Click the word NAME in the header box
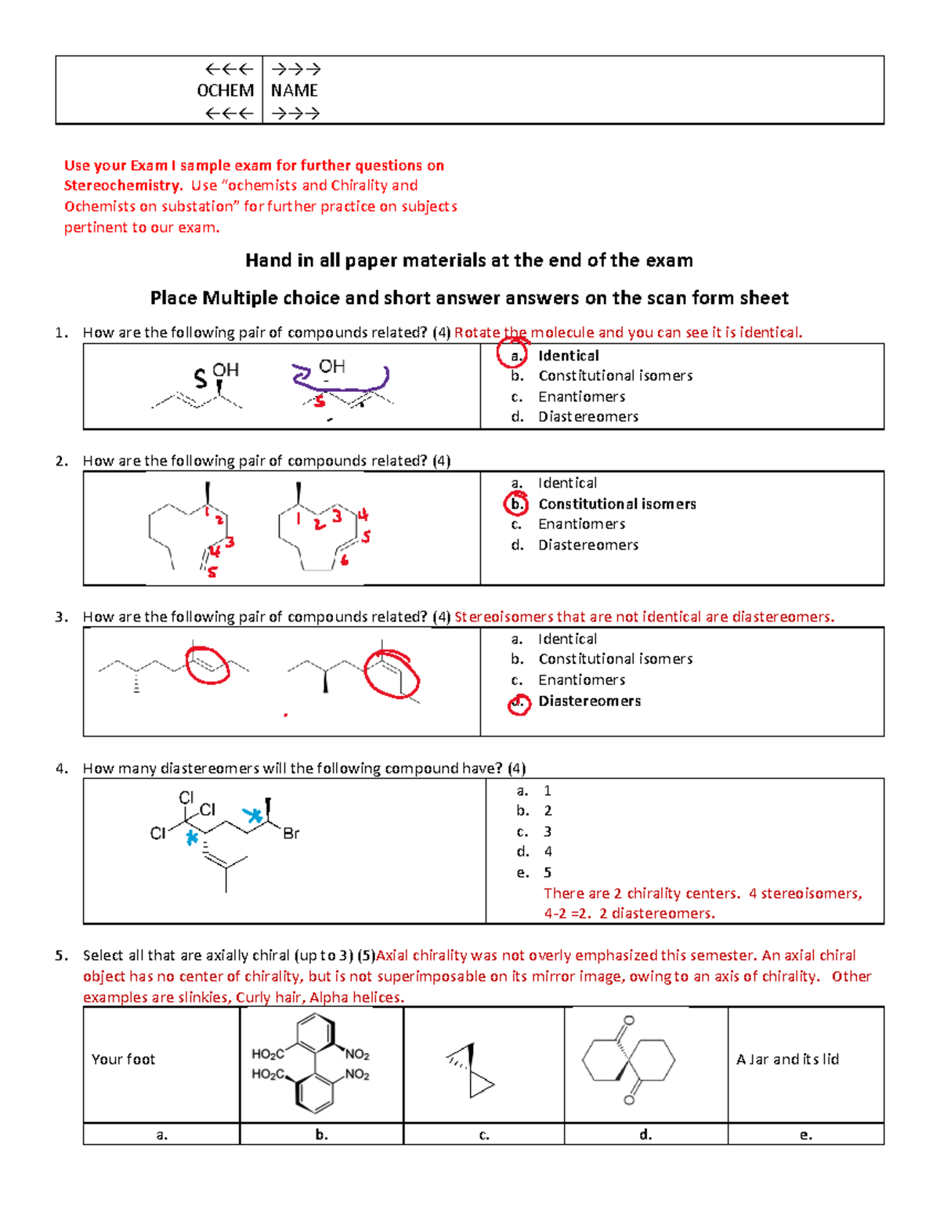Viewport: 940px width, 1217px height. point(294,91)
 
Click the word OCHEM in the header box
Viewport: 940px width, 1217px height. point(225,91)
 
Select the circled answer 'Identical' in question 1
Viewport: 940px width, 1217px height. point(568,356)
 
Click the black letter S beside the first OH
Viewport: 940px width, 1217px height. point(201,380)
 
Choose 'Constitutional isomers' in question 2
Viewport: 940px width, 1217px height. point(616,504)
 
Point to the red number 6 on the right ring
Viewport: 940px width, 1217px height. point(344,560)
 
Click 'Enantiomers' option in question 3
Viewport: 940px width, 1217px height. point(581,680)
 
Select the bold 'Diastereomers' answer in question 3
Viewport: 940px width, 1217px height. point(589,701)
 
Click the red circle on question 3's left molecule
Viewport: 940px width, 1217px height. point(207,665)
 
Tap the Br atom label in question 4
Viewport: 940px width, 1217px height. point(291,834)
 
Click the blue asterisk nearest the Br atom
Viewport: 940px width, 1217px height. point(252,816)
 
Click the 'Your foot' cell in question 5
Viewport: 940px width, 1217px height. point(123,1059)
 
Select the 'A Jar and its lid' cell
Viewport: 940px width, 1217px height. point(787,1059)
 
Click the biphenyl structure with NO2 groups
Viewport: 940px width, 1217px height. point(313,1063)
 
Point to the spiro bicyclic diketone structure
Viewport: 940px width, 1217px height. point(629,1061)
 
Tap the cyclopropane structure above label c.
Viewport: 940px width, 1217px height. point(472,1070)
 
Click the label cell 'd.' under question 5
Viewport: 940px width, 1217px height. point(645,1135)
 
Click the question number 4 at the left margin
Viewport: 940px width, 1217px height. point(61,769)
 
